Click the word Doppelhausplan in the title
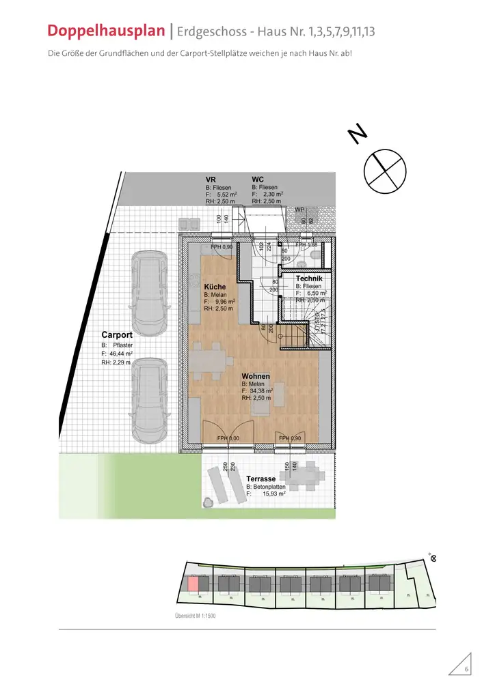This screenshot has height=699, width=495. point(106,31)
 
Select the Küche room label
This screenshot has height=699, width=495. point(215,287)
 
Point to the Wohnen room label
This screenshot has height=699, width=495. point(255,376)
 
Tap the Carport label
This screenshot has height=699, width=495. point(116,335)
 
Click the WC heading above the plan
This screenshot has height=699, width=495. point(258,180)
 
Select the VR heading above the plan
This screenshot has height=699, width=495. point(211,180)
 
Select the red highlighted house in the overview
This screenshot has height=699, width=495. point(193,583)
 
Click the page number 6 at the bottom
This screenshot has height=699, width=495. point(466,670)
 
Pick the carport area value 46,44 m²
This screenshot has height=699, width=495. point(117,354)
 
